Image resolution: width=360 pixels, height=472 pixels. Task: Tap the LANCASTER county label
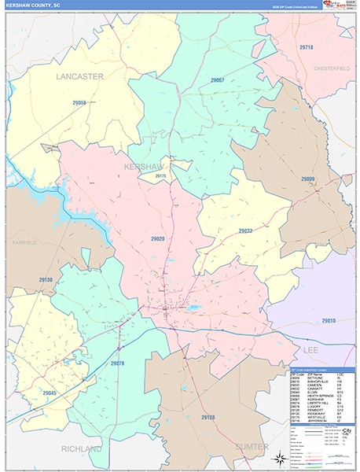(x=79, y=76)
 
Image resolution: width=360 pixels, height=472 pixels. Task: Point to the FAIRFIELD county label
(x=24, y=242)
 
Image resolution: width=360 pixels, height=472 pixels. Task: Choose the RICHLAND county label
(x=82, y=448)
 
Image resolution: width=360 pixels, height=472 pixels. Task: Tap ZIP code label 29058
(x=79, y=103)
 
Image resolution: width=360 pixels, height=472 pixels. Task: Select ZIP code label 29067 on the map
(x=217, y=80)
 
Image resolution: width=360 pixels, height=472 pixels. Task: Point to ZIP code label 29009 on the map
(x=307, y=179)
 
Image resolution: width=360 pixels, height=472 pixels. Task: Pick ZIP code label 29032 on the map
(x=245, y=231)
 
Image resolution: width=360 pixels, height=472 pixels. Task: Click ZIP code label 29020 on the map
(x=157, y=238)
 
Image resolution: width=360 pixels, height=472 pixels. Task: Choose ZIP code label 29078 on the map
(x=118, y=363)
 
